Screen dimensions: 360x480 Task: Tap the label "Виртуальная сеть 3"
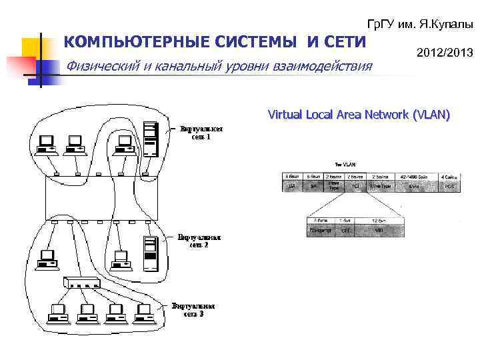[x=193, y=309]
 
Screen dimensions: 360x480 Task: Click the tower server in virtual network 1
[x=152, y=137]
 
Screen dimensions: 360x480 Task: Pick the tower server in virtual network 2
[x=151, y=253]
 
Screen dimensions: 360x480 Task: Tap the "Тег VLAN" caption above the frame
[x=343, y=165]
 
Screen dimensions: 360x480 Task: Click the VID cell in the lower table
[x=377, y=231]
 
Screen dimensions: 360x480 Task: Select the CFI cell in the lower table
[x=345, y=231]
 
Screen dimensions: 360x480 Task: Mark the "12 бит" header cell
[x=377, y=219]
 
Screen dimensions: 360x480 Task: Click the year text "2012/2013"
[x=445, y=52]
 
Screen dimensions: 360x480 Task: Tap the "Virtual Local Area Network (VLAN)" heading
[x=359, y=115]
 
